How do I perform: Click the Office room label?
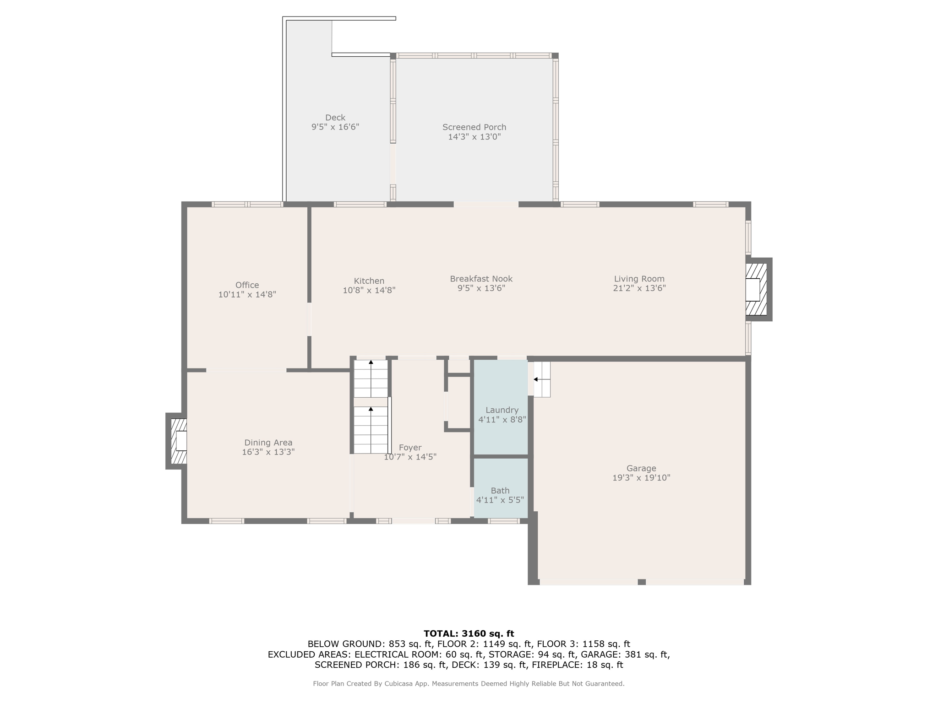247,285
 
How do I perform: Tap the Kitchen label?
369,281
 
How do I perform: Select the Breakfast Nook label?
481,279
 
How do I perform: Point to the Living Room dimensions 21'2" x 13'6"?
639,288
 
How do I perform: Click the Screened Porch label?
474,127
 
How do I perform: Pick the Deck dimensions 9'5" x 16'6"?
335,127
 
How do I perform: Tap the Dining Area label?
268,443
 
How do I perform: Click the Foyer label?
410,448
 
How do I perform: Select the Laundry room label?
502,410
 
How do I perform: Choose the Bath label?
500,491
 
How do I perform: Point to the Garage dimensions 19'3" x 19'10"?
641,478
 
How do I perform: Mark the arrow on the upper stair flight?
371,379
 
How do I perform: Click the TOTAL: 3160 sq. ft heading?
469,633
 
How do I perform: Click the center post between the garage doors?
642,582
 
